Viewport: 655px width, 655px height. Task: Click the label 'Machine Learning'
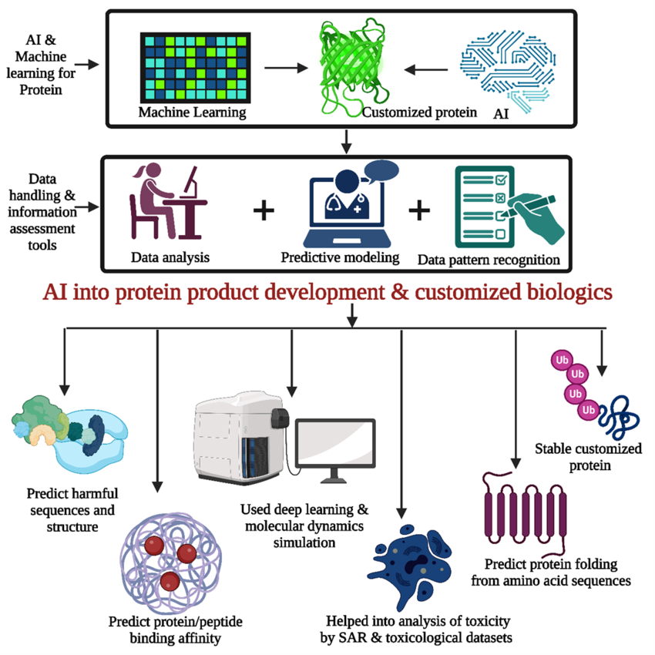tap(192, 113)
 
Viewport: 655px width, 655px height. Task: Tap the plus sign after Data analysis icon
tap(264, 210)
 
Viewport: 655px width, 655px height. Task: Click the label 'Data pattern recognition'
tap(489, 259)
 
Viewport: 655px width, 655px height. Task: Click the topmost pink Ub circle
tap(560, 360)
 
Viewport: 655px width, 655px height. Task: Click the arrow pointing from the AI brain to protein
tap(428, 69)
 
